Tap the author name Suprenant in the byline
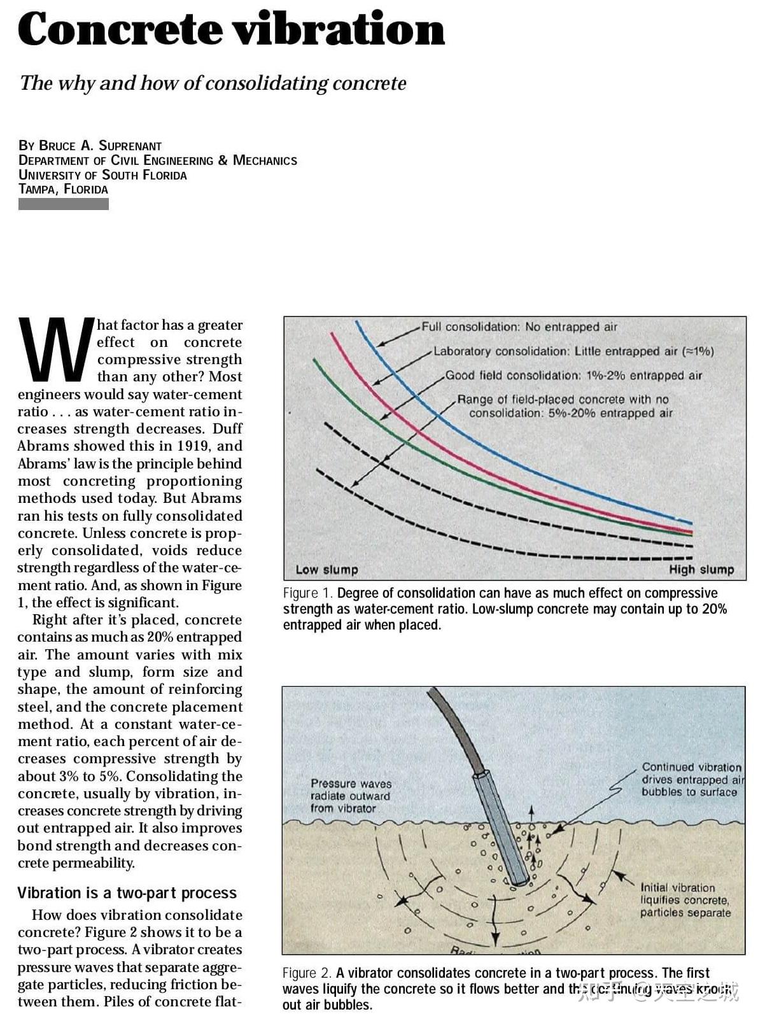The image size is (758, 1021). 130,145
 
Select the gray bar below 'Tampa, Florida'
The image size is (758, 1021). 64,204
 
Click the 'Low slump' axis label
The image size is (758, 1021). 326,570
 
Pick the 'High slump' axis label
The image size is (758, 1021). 701,570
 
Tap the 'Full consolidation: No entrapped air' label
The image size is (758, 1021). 519,327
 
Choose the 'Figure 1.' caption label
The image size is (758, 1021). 307,593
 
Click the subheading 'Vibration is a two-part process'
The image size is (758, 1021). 127,892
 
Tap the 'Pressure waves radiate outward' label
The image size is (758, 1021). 351,796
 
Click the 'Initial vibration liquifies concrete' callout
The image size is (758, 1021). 685,899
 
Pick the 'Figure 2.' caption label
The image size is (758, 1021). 307,973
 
